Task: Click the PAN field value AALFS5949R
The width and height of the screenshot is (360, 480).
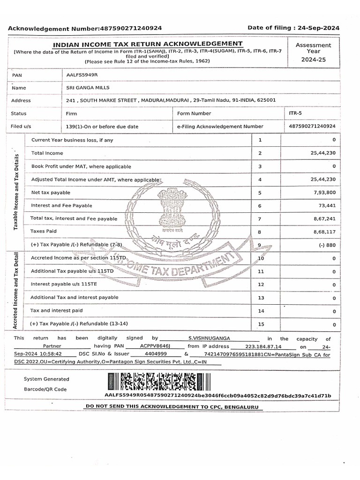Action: tap(82, 75)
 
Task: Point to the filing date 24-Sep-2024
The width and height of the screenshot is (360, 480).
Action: tap(317, 28)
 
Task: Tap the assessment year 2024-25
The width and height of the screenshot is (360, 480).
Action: tap(313, 60)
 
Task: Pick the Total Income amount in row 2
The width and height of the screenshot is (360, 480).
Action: tap(323, 153)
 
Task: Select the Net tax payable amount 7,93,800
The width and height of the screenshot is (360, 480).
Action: tap(325, 192)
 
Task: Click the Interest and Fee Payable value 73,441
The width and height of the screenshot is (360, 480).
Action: tap(327, 205)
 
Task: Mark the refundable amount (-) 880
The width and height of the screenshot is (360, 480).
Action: tap(327, 245)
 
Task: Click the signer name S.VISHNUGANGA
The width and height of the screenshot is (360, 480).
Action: tap(209, 338)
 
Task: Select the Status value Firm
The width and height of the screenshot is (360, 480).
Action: tap(72, 113)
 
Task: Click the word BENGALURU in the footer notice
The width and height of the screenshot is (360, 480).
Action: tap(241, 407)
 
